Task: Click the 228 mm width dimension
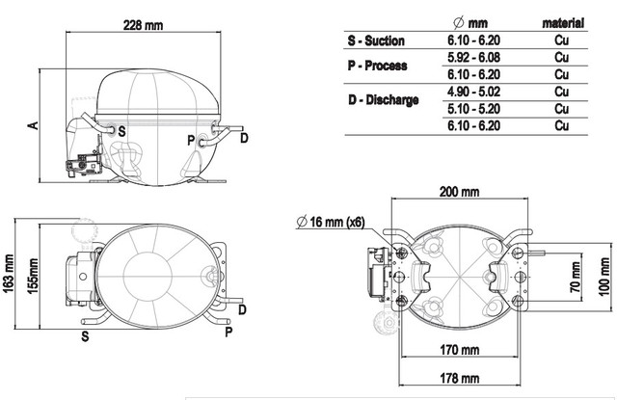click(x=144, y=25)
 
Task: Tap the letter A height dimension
click(x=34, y=125)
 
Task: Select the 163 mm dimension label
click(x=9, y=274)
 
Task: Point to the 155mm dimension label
click(x=33, y=276)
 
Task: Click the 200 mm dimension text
click(x=459, y=192)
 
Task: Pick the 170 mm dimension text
click(x=460, y=349)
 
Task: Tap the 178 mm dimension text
click(x=460, y=378)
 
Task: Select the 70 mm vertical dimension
click(x=576, y=277)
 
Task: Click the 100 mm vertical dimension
click(x=604, y=276)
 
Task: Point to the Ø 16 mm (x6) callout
click(x=331, y=222)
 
